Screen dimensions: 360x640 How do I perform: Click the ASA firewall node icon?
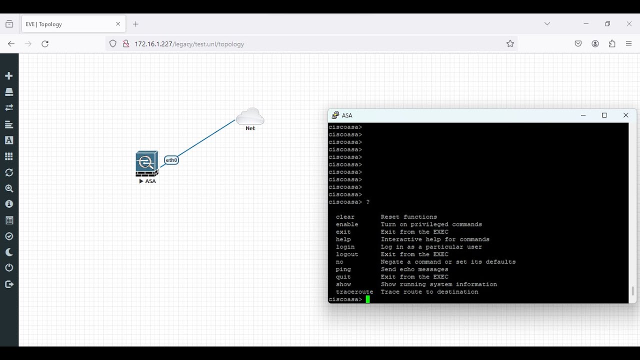[146, 163]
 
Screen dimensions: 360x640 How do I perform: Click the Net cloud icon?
[250, 116]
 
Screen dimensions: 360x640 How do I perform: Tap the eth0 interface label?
[171, 160]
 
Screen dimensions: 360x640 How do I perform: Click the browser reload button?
[45, 44]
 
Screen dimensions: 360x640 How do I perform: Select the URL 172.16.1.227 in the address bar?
[189, 44]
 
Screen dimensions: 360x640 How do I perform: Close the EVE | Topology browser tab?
[118, 24]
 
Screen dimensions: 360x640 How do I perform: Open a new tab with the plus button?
[136, 24]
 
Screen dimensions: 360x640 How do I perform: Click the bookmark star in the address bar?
[510, 44]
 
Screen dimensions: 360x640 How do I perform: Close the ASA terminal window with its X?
[625, 115]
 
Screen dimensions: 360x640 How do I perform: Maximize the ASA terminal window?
[604, 115]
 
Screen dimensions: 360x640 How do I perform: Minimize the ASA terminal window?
[583, 115]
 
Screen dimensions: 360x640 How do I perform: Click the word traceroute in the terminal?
[354, 292]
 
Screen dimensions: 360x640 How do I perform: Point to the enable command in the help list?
[347, 224]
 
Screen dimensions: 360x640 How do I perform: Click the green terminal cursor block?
[368, 299]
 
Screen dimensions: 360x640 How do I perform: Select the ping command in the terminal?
[343, 269]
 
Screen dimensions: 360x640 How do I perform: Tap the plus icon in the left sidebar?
[9, 76]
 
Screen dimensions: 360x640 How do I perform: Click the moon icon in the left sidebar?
[9, 252]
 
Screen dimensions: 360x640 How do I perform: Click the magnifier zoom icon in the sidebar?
[9, 188]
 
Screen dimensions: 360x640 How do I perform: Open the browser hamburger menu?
[629, 44]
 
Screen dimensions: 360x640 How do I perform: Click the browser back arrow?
[11, 44]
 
